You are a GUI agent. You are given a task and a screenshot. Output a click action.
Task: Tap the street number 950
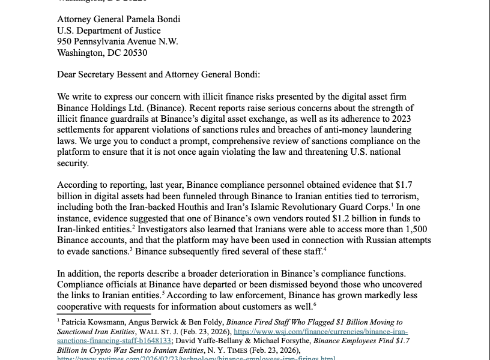(65, 41)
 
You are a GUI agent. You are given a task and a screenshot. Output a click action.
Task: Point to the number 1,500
(408, 229)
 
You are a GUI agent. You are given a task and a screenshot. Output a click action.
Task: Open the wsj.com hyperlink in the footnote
(320, 331)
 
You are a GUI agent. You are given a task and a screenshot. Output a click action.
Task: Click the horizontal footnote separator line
(103, 313)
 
